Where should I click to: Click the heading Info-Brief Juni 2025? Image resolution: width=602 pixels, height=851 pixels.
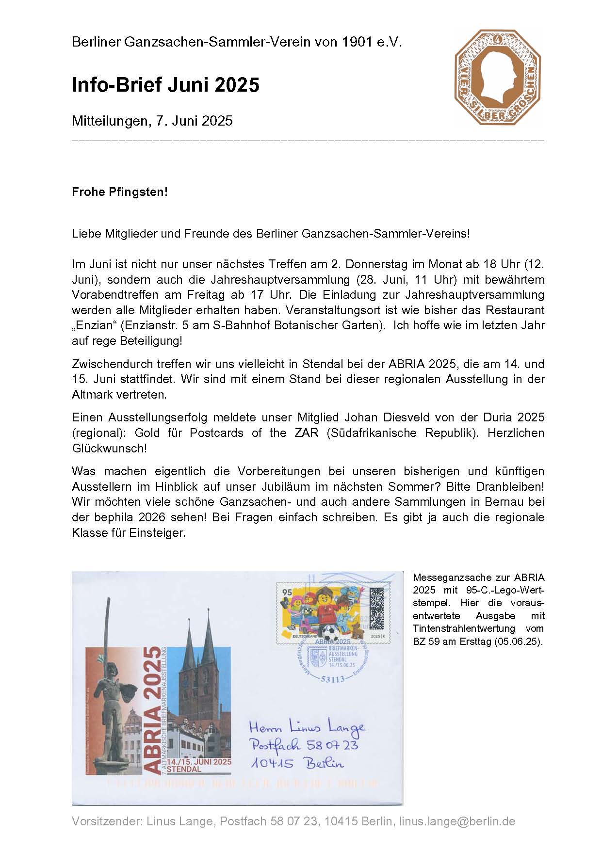(x=165, y=85)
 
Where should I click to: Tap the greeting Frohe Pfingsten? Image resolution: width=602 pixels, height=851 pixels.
(x=119, y=192)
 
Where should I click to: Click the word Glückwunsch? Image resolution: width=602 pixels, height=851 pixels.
(x=109, y=448)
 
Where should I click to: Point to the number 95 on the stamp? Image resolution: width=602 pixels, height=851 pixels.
(x=287, y=593)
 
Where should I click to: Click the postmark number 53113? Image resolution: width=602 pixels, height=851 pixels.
(x=333, y=679)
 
